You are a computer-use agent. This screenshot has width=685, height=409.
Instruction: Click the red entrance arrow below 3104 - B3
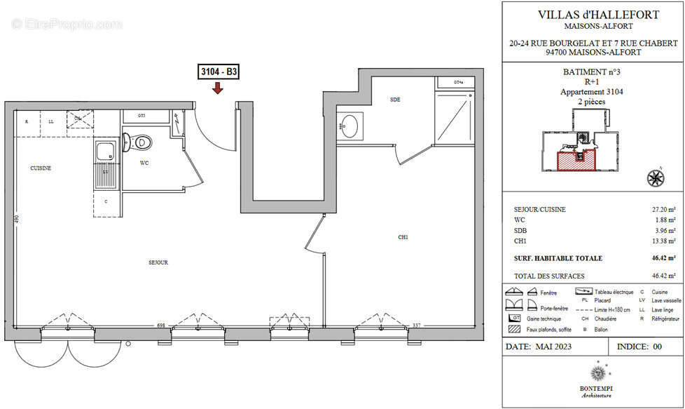pyautogui.click(x=218, y=88)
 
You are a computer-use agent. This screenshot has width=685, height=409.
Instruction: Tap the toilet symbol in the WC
pyautogui.click(x=141, y=141)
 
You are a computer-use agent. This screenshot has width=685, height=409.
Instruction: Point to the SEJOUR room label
pyautogui.click(x=158, y=262)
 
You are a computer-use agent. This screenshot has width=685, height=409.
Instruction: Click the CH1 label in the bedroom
pyautogui.click(x=403, y=237)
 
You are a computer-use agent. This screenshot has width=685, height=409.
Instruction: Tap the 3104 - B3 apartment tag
pyautogui.click(x=219, y=72)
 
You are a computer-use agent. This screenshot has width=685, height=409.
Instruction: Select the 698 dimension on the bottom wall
pyautogui.click(x=160, y=325)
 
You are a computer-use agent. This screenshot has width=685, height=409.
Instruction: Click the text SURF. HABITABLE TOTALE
pyautogui.click(x=558, y=258)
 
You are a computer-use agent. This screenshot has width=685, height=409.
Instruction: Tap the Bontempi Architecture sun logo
pyautogui.click(x=597, y=370)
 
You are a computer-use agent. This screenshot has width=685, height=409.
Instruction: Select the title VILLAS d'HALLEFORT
pyautogui.click(x=593, y=14)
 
